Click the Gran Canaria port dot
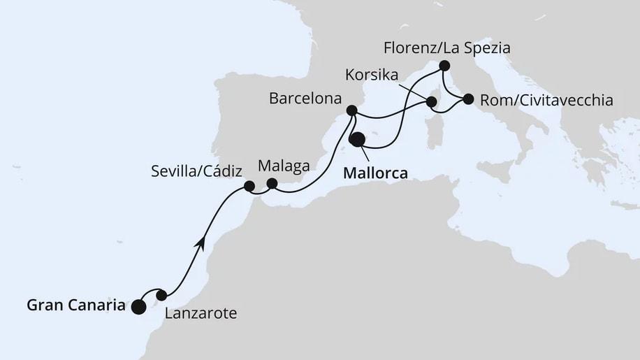(138, 306)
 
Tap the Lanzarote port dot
(161, 295)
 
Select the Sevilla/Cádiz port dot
(248, 186)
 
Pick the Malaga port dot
(272, 183)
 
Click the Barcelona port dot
(352, 110)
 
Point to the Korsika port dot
(432, 103)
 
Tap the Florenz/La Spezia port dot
(444, 66)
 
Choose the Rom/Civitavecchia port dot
(467, 99)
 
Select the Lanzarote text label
(201, 314)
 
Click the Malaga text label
(282, 166)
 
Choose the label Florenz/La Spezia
(448, 49)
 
